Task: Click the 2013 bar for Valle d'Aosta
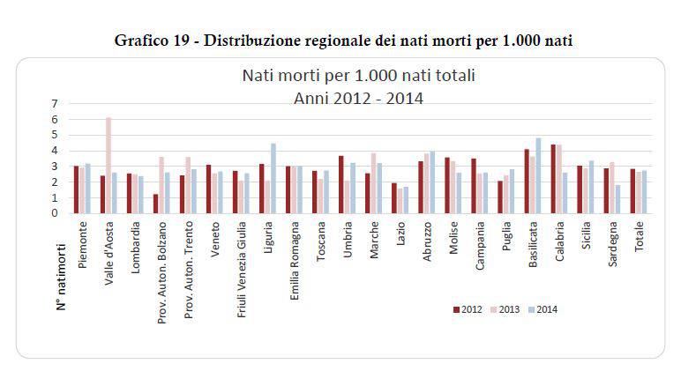point(109,166)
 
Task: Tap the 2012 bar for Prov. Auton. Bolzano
point(155,204)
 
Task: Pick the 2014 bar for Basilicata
point(538,175)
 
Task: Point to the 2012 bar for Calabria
point(553,179)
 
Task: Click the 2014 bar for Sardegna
point(618,199)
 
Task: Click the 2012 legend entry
point(465,308)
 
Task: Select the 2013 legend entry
point(505,308)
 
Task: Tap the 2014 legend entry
point(543,308)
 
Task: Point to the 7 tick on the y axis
point(55,104)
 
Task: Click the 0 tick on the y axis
point(55,212)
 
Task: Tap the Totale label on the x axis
point(639,235)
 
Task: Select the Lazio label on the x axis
point(401,232)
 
